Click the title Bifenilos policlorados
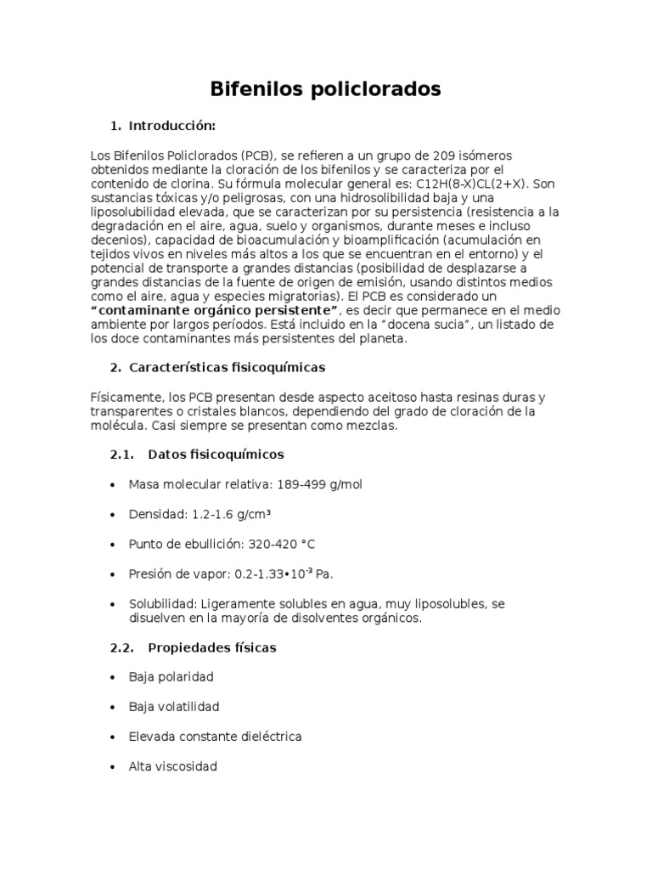click(326, 89)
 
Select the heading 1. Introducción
click(163, 127)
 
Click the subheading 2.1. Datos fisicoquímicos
click(196, 455)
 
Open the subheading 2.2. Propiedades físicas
click(193, 647)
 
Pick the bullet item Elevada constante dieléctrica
click(215, 737)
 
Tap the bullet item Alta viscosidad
click(172, 766)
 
